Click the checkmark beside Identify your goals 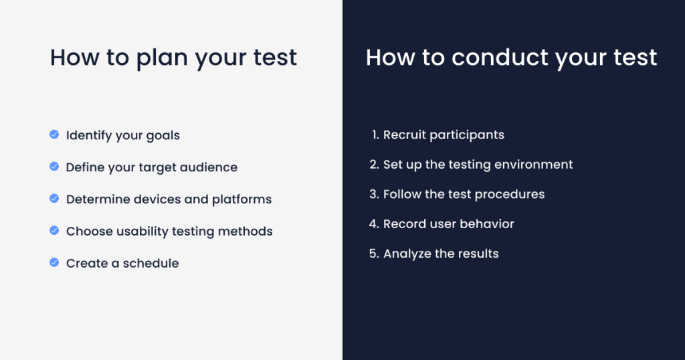tap(54, 134)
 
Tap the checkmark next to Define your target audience tap(54, 167)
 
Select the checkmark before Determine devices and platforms tap(54, 198)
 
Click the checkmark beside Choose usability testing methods tap(54, 230)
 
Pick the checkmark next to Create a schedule tap(54, 262)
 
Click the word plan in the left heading tap(162, 58)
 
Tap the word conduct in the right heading tap(500, 58)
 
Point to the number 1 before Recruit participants tap(375, 134)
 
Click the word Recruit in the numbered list tap(404, 134)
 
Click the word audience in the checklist tap(209, 167)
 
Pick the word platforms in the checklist tap(241, 199)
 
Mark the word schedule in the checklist tap(151, 263)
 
